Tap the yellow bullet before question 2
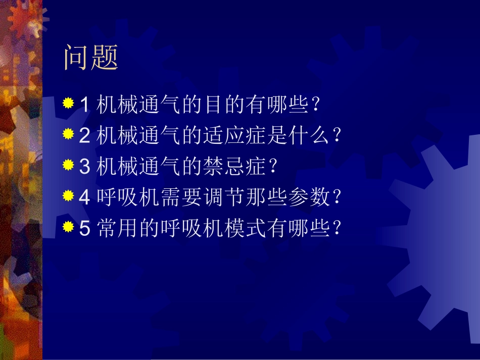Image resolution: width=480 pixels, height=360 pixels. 68,135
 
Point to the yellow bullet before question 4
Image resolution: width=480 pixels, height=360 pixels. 68,197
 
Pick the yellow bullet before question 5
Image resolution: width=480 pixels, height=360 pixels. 68,228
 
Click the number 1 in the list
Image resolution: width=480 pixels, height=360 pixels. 85,105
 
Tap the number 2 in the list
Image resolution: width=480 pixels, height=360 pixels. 85,136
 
